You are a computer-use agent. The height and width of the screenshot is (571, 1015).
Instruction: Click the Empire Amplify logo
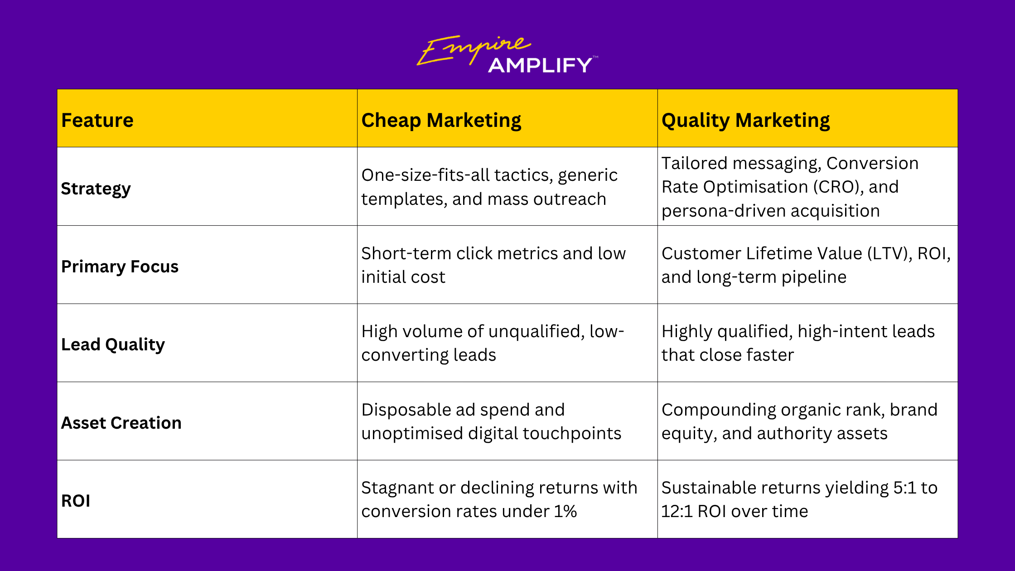click(507, 54)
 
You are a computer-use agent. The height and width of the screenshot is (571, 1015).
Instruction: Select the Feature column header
click(97, 120)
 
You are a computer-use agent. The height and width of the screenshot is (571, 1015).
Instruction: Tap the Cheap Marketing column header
click(441, 121)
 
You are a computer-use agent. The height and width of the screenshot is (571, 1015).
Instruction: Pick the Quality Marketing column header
click(746, 121)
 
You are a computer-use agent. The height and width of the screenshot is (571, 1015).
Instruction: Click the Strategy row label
click(96, 189)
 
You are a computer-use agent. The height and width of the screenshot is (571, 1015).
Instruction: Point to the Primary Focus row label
click(120, 266)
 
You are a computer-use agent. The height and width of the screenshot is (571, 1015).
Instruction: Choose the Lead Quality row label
click(113, 345)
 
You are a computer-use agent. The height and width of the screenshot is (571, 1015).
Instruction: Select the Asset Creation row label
click(121, 423)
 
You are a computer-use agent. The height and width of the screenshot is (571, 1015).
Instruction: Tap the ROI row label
click(76, 501)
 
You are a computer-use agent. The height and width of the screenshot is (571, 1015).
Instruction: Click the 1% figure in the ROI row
click(565, 511)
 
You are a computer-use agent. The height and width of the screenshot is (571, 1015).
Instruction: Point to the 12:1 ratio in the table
click(677, 511)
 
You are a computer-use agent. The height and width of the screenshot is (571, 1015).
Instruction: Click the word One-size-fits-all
click(425, 175)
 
